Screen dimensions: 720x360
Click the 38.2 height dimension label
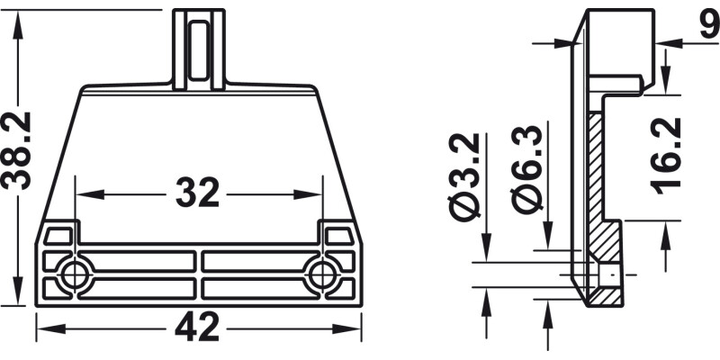pos(17,150)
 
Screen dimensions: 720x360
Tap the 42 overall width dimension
pos(197,327)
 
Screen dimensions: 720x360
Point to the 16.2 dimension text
pos(666,156)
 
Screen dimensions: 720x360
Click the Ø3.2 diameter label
pos(464,177)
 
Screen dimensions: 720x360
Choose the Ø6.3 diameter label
pos(526,170)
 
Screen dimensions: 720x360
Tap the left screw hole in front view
pos(75,275)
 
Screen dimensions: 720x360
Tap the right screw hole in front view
pos(322,275)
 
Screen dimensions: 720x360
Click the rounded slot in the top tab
pos(198,51)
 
